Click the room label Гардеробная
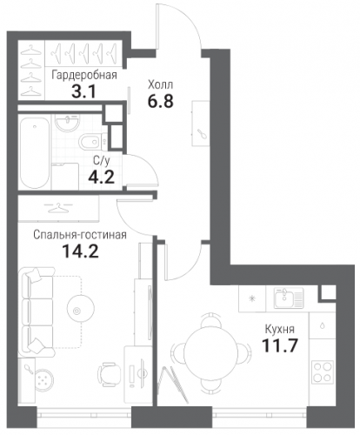point(84,76)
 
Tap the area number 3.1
point(83,92)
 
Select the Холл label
point(160,85)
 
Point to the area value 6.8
point(160,101)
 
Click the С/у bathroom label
point(102,161)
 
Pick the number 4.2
point(102,177)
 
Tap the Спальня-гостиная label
point(80,235)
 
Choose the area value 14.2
point(80,251)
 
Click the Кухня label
point(280,329)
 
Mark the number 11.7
point(280,345)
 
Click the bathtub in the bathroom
point(34,153)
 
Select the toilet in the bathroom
point(93,142)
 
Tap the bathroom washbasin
point(68,123)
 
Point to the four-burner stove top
point(323,371)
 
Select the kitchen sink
point(289,298)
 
